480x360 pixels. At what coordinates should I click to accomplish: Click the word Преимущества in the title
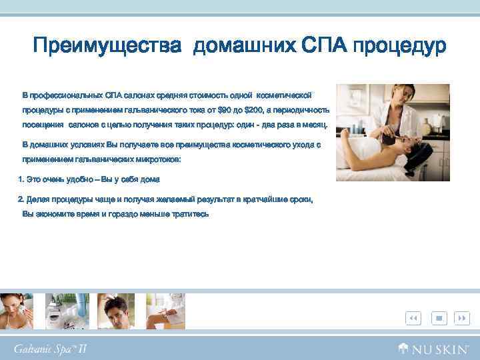pos(107,47)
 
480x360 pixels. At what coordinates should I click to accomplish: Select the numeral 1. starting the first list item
pos(21,179)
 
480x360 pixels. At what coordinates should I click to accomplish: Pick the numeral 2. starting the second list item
pos(21,199)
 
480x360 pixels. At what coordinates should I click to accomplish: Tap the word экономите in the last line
pos(54,214)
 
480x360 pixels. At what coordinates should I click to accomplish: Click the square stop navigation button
pos(439,319)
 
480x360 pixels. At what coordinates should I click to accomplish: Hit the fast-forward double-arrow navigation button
pos(461,319)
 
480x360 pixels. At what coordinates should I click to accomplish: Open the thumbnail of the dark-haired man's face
pos(117,311)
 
